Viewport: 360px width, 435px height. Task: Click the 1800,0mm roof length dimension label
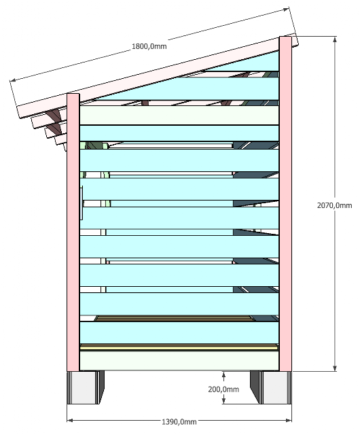[x=149, y=46]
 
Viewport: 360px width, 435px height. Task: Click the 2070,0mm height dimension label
[x=334, y=205]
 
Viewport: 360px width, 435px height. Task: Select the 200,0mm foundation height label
[x=223, y=389]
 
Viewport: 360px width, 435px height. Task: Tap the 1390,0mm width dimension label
[x=179, y=422]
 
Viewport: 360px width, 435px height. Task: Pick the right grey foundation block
[x=271, y=387]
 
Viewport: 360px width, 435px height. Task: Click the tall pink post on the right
[x=285, y=204]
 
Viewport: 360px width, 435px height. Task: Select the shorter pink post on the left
[x=73, y=232]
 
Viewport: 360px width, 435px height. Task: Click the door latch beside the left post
[x=82, y=203]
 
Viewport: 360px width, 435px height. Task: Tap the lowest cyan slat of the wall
[x=179, y=332]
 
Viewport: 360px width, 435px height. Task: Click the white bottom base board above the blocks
[x=179, y=360]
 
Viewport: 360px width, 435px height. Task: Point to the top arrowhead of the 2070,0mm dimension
[x=335, y=39]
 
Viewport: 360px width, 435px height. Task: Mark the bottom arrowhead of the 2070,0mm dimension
[x=335, y=368]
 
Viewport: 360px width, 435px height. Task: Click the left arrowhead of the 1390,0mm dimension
[x=70, y=420]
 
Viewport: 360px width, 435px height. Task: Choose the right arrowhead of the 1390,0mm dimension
[x=289, y=420]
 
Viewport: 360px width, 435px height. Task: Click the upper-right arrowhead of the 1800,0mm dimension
[x=286, y=10]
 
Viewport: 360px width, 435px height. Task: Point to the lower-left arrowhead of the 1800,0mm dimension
[x=13, y=80]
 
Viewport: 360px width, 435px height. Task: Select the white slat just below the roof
[x=179, y=115]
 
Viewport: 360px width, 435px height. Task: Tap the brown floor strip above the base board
[x=179, y=347]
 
